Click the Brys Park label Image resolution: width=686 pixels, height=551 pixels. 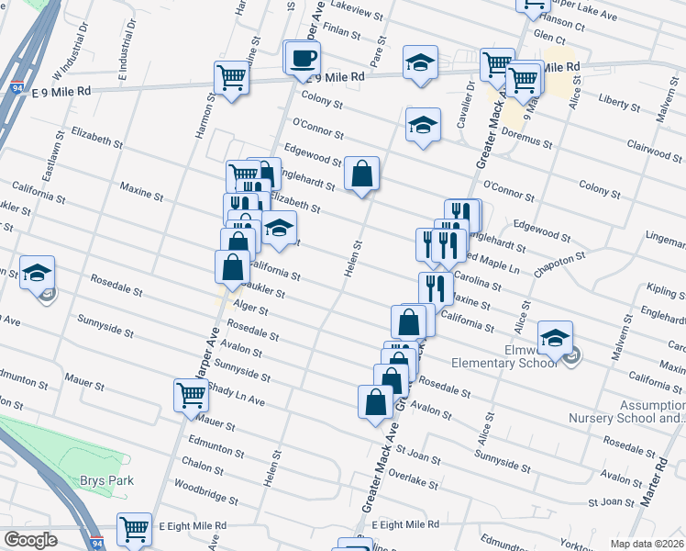tap(105, 480)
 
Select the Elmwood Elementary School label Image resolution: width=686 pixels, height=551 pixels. tap(505, 355)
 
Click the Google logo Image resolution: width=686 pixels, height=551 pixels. tap(30, 540)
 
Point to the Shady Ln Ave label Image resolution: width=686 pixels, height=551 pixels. tap(235, 396)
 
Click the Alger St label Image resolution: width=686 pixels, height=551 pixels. tap(249, 309)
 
